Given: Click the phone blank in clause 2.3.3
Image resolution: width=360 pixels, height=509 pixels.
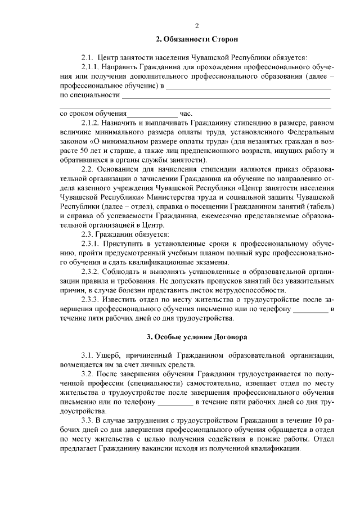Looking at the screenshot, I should pyautogui.click(x=310, y=309).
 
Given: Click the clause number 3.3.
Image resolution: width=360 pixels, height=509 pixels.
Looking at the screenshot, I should pyautogui.click(x=88, y=421).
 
